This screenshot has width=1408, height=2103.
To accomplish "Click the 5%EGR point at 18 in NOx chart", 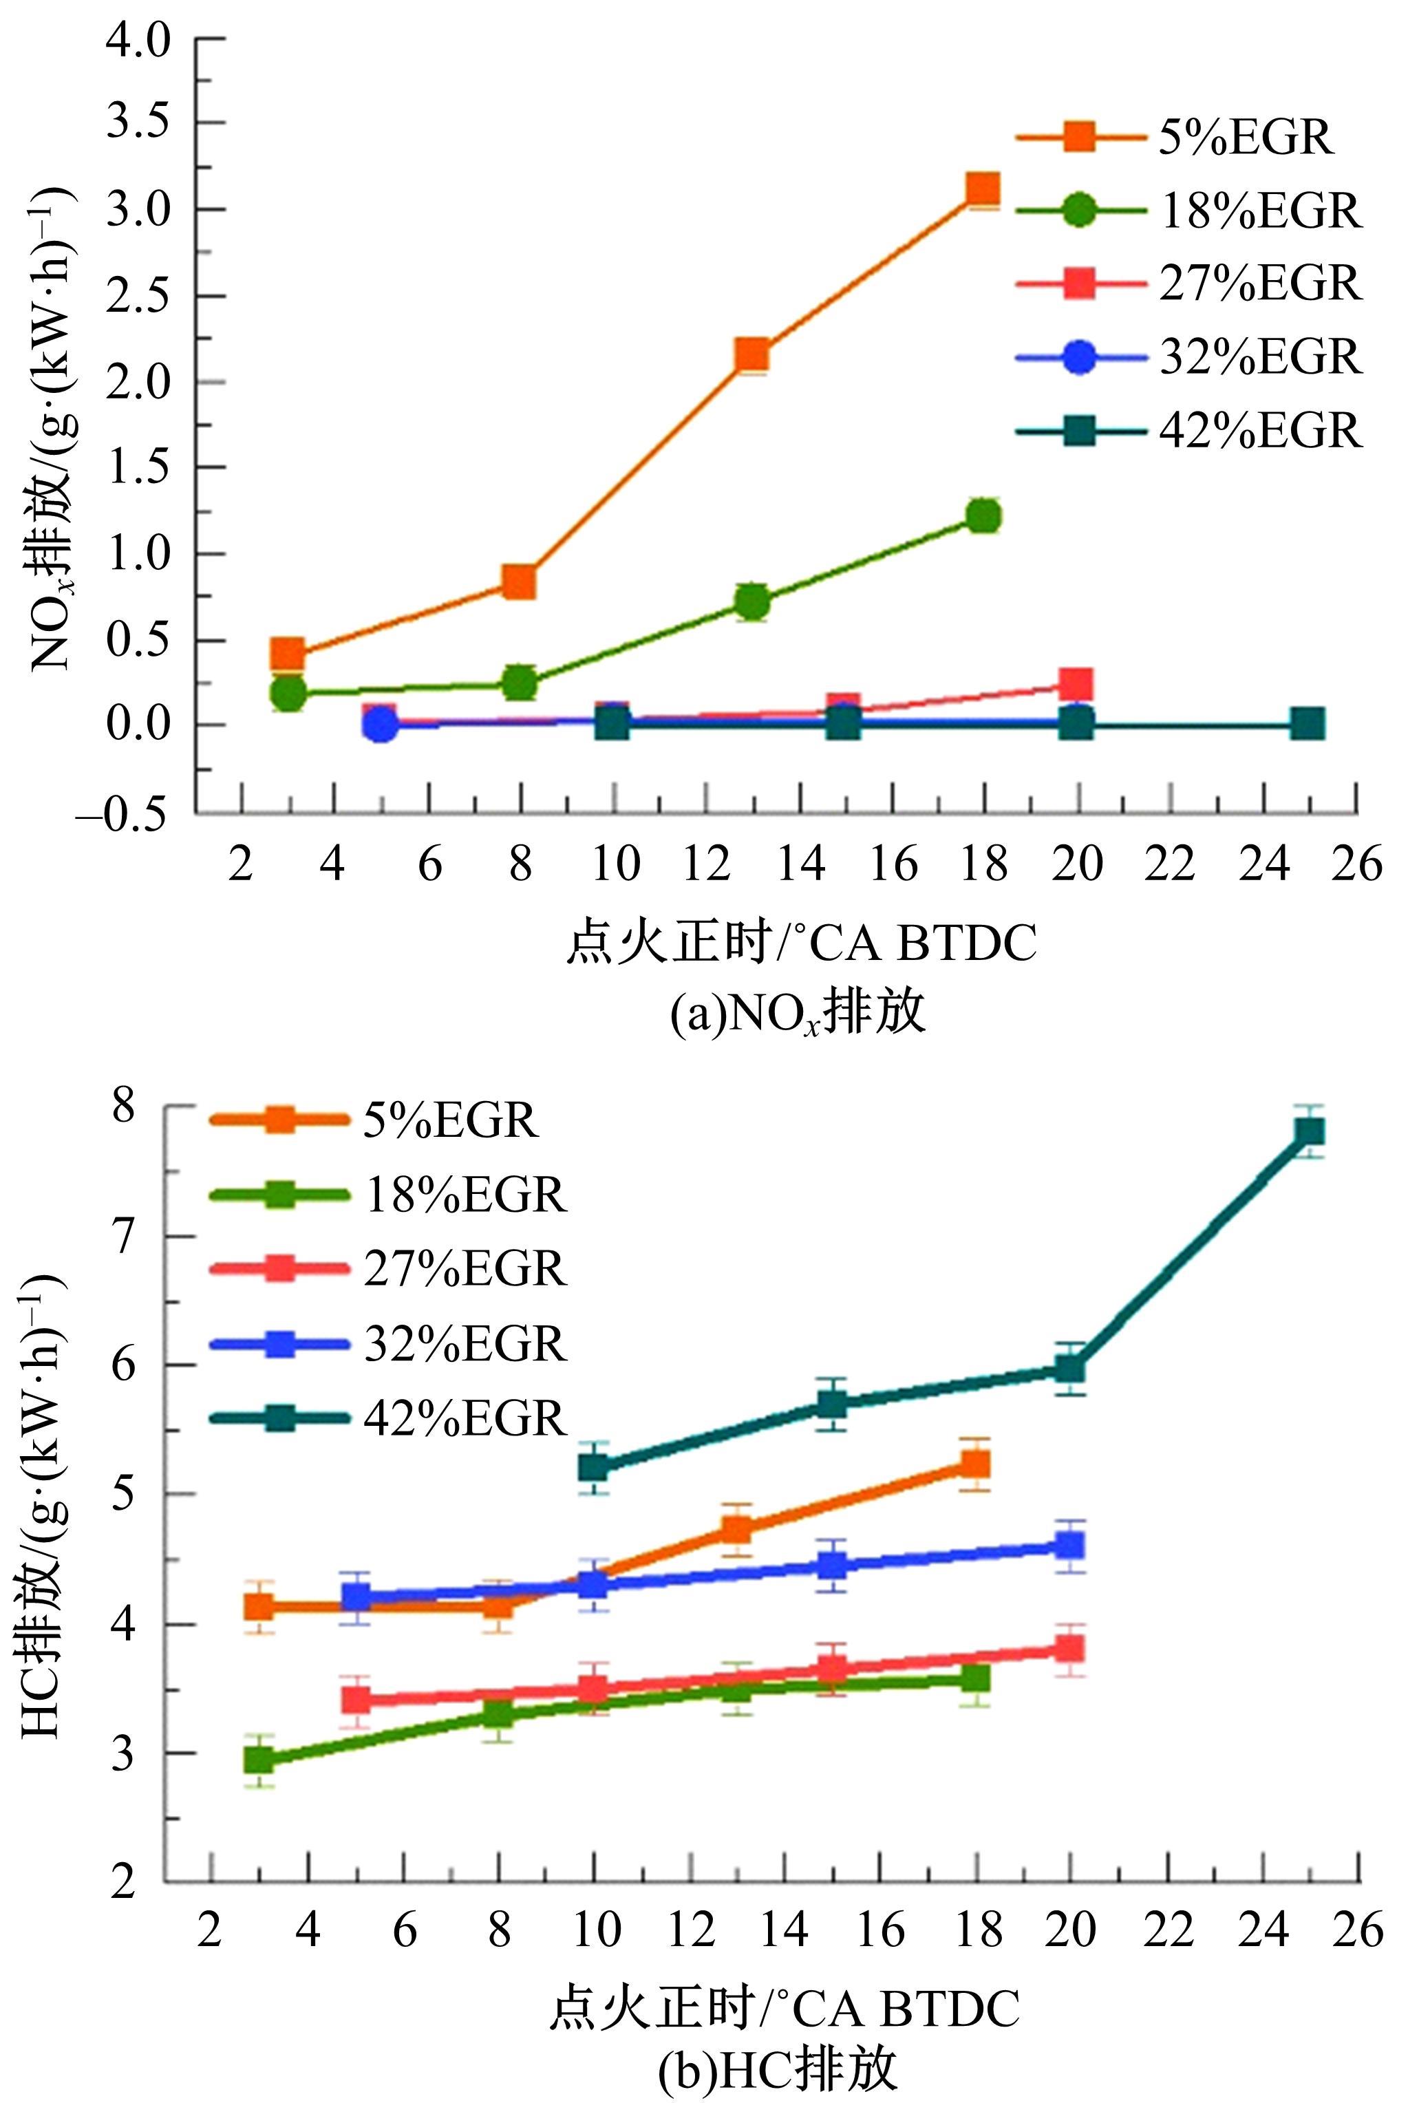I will [x=983, y=189].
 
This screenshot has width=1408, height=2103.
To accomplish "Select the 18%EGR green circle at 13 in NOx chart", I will [x=752, y=601].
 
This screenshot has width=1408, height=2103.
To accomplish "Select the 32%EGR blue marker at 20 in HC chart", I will [x=1069, y=1546].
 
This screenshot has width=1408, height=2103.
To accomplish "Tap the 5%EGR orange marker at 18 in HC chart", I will [x=975, y=1464].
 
